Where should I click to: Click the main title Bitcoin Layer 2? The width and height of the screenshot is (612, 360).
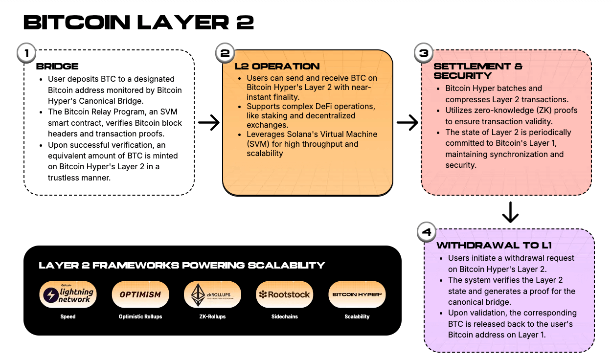138,23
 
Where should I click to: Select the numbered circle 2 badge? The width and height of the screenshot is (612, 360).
225,53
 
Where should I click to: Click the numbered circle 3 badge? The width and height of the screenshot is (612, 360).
424,53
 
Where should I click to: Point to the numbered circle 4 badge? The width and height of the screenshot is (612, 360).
426,231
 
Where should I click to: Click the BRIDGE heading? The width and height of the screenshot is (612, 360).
57,67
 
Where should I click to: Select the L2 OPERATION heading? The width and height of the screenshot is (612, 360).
277,66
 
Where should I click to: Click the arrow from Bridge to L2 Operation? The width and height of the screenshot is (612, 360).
209,123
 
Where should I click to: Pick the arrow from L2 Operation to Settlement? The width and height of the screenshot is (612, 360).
407,123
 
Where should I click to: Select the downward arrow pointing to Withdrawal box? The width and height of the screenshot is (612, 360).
510,211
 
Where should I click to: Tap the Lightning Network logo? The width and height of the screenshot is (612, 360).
68,294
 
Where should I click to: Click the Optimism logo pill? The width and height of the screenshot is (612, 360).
140,294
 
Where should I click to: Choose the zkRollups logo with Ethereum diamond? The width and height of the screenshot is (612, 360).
212,294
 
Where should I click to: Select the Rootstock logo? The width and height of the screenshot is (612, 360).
285,294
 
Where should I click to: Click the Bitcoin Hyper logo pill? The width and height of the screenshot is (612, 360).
357,294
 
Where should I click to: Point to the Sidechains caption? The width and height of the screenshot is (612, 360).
285,316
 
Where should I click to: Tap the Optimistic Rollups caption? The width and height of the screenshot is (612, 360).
140,316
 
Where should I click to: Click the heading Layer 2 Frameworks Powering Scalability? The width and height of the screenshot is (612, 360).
181,266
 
